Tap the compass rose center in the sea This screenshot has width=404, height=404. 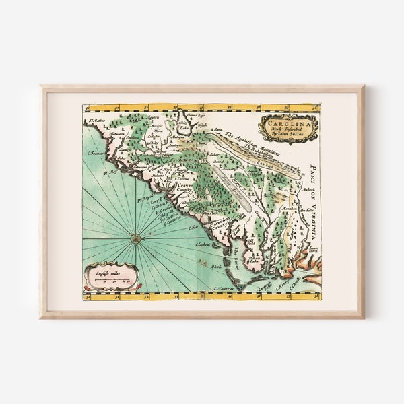point(135,237)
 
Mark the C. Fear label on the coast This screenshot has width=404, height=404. point(195,228)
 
